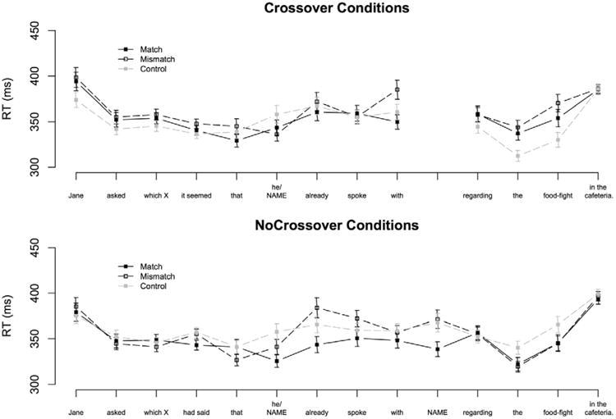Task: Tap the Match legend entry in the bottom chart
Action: (x=144, y=266)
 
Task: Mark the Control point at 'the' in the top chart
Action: (x=518, y=156)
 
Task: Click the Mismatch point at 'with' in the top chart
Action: (x=398, y=89)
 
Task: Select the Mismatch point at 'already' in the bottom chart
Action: (x=317, y=308)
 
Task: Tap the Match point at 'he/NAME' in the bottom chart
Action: (x=277, y=361)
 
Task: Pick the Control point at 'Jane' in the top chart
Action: (x=76, y=100)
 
